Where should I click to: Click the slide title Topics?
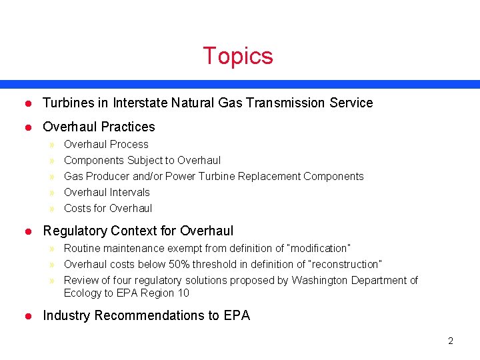[238, 56]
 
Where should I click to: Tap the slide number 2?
[451, 341]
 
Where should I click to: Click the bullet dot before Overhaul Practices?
[28, 127]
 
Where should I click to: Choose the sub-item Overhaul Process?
[106, 144]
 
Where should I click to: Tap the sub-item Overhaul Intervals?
[107, 192]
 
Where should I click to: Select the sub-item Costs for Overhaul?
[108, 208]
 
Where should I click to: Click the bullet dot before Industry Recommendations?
[28, 316]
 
